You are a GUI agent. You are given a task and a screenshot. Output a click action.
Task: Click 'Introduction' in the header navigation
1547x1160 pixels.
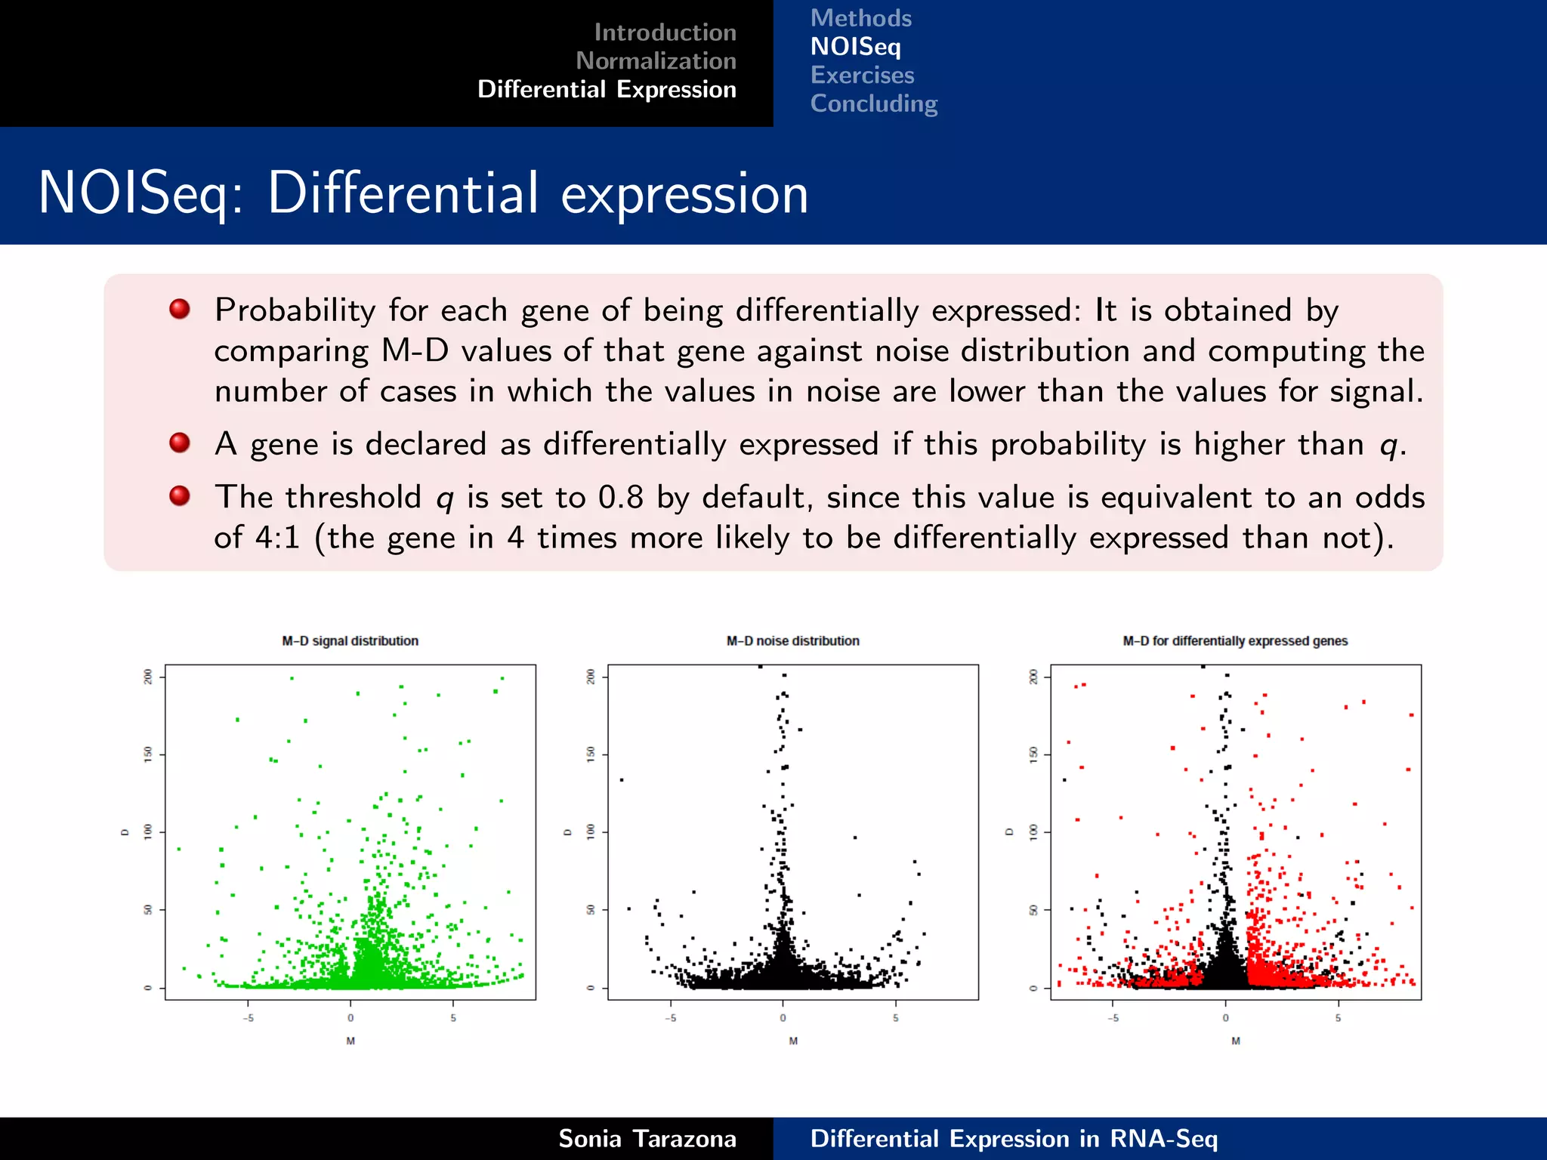click(x=665, y=32)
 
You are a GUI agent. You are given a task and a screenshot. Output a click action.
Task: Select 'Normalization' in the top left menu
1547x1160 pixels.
click(x=656, y=61)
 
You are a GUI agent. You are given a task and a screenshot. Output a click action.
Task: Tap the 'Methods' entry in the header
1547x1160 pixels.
click(x=860, y=18)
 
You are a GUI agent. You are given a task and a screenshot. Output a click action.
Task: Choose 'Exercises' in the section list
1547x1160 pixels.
click(x=862, y=76)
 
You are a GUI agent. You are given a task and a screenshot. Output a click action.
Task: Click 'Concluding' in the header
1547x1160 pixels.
click(x=873, y=103)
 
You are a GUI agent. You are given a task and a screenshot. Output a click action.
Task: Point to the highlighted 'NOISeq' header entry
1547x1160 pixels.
click(x=855, y=47)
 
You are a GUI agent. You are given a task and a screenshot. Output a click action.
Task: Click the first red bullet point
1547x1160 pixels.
click(x=180, y=309)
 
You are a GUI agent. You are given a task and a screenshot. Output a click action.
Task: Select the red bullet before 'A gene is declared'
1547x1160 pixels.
click(x=180, y=443)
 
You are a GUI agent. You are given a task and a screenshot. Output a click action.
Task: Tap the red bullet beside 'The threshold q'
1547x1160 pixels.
click(x=180, y=496)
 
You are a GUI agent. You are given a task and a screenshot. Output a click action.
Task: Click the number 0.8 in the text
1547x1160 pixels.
click(x=620, y=498)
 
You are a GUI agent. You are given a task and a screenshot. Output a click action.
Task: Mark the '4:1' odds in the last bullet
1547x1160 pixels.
click(x=277, y=538)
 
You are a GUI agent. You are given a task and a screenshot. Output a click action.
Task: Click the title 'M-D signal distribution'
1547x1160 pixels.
click(x=350, y=641)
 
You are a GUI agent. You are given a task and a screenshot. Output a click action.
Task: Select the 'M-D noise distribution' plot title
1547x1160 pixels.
click(x=792, y=641)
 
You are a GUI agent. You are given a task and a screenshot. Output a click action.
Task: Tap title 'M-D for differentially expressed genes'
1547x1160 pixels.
click(x=1235, y=641)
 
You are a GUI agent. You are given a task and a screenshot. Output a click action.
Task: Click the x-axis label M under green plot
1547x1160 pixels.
click(x=350, y=1041)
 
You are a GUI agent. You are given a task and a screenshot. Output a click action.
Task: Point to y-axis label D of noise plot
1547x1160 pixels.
click(x=567, y=832)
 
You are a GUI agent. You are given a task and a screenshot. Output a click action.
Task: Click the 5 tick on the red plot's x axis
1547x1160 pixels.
click(x=1338, y=1018)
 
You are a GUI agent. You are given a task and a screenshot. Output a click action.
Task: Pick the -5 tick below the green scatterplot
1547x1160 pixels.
click(x=248, y=1018)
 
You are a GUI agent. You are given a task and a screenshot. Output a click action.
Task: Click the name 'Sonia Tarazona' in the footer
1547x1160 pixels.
click(x=647, y=1138)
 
